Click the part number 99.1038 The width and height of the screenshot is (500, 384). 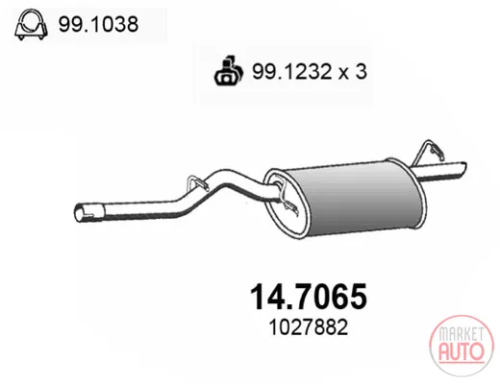coord(98,24)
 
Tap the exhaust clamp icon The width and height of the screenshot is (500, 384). coord(31,25)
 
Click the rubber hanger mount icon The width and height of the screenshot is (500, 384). coord(229,71)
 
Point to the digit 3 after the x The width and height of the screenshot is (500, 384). coord(361,71)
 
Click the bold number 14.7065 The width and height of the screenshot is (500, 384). coord(309,297)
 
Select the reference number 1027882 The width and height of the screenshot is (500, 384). coord(308,327)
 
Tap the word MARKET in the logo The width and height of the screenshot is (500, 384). coord(462,334)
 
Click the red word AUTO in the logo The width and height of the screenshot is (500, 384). coord(461,351)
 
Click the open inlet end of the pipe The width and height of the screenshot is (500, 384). coord(80,213)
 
